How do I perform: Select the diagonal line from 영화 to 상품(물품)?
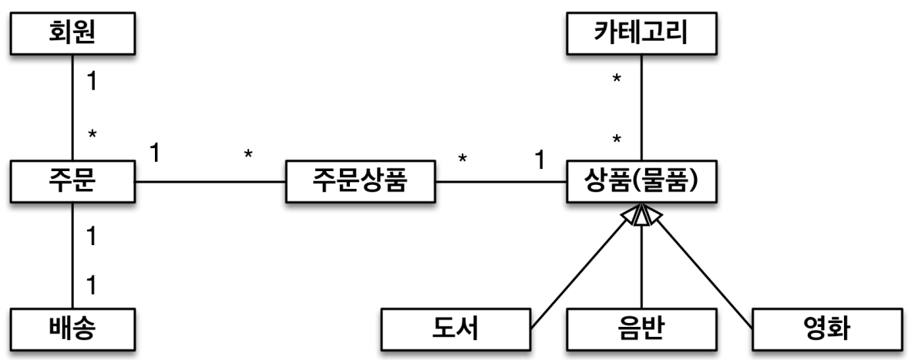coord(701,266)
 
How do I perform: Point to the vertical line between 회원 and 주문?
coord(73,108)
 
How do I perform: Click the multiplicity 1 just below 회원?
coord(91,81)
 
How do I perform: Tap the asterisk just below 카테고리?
coord(617,81)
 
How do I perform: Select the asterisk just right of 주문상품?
coord(463,160)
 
